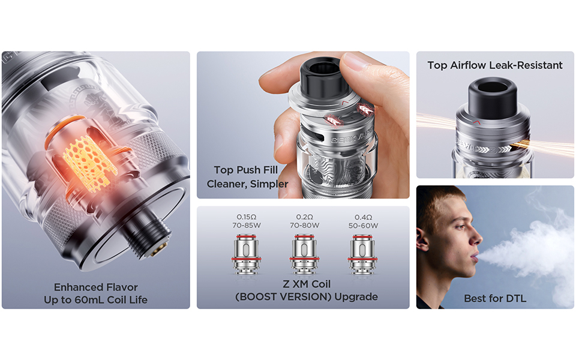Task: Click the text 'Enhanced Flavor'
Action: [96, 287]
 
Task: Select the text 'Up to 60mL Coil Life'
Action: [96, 299]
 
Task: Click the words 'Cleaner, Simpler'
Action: [248, 184]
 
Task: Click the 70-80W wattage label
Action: [304, 226]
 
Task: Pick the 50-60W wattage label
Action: [363, 226]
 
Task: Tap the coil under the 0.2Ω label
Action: [304, 254]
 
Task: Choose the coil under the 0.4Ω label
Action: [362, 254]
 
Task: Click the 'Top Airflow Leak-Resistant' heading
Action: [495, 65]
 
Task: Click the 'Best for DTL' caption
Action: [495, 298]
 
